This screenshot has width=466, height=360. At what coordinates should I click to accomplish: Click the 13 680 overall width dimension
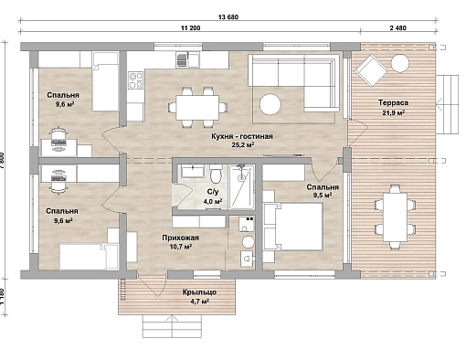click(x=228, y=17)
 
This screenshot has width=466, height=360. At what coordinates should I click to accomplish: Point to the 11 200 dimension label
click(x=191, y=28)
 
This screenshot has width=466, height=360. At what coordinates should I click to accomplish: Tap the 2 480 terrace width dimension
click(x=398, y=28)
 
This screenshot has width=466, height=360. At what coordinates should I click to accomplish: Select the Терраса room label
click(x=393, y=102)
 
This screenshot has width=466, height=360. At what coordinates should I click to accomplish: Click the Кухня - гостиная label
click(x=242, y=136)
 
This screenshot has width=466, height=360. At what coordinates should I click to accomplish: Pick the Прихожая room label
click(x=180, y=238)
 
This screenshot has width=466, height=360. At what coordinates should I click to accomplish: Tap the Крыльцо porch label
click(x=199, y=292)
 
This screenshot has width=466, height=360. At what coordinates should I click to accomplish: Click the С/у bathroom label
click(x=213, y=192)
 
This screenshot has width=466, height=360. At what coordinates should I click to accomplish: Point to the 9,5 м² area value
click(x=323, y=196)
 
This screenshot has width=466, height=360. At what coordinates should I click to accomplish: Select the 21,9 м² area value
click(x=394, y=112)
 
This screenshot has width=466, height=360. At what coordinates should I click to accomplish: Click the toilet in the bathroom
click(x=216, y=174)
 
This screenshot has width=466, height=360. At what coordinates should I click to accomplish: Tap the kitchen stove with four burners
click(x=135, y=80)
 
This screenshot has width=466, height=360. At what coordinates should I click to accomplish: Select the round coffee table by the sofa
click(x=270, y=104)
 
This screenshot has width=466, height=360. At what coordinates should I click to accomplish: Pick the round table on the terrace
click(x=399, y=63)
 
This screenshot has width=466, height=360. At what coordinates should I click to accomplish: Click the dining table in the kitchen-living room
click(x=197, y=108)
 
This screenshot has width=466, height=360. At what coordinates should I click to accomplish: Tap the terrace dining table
click(x=395, y=217)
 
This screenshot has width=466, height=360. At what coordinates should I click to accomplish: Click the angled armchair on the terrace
click(x=371, y=70)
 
